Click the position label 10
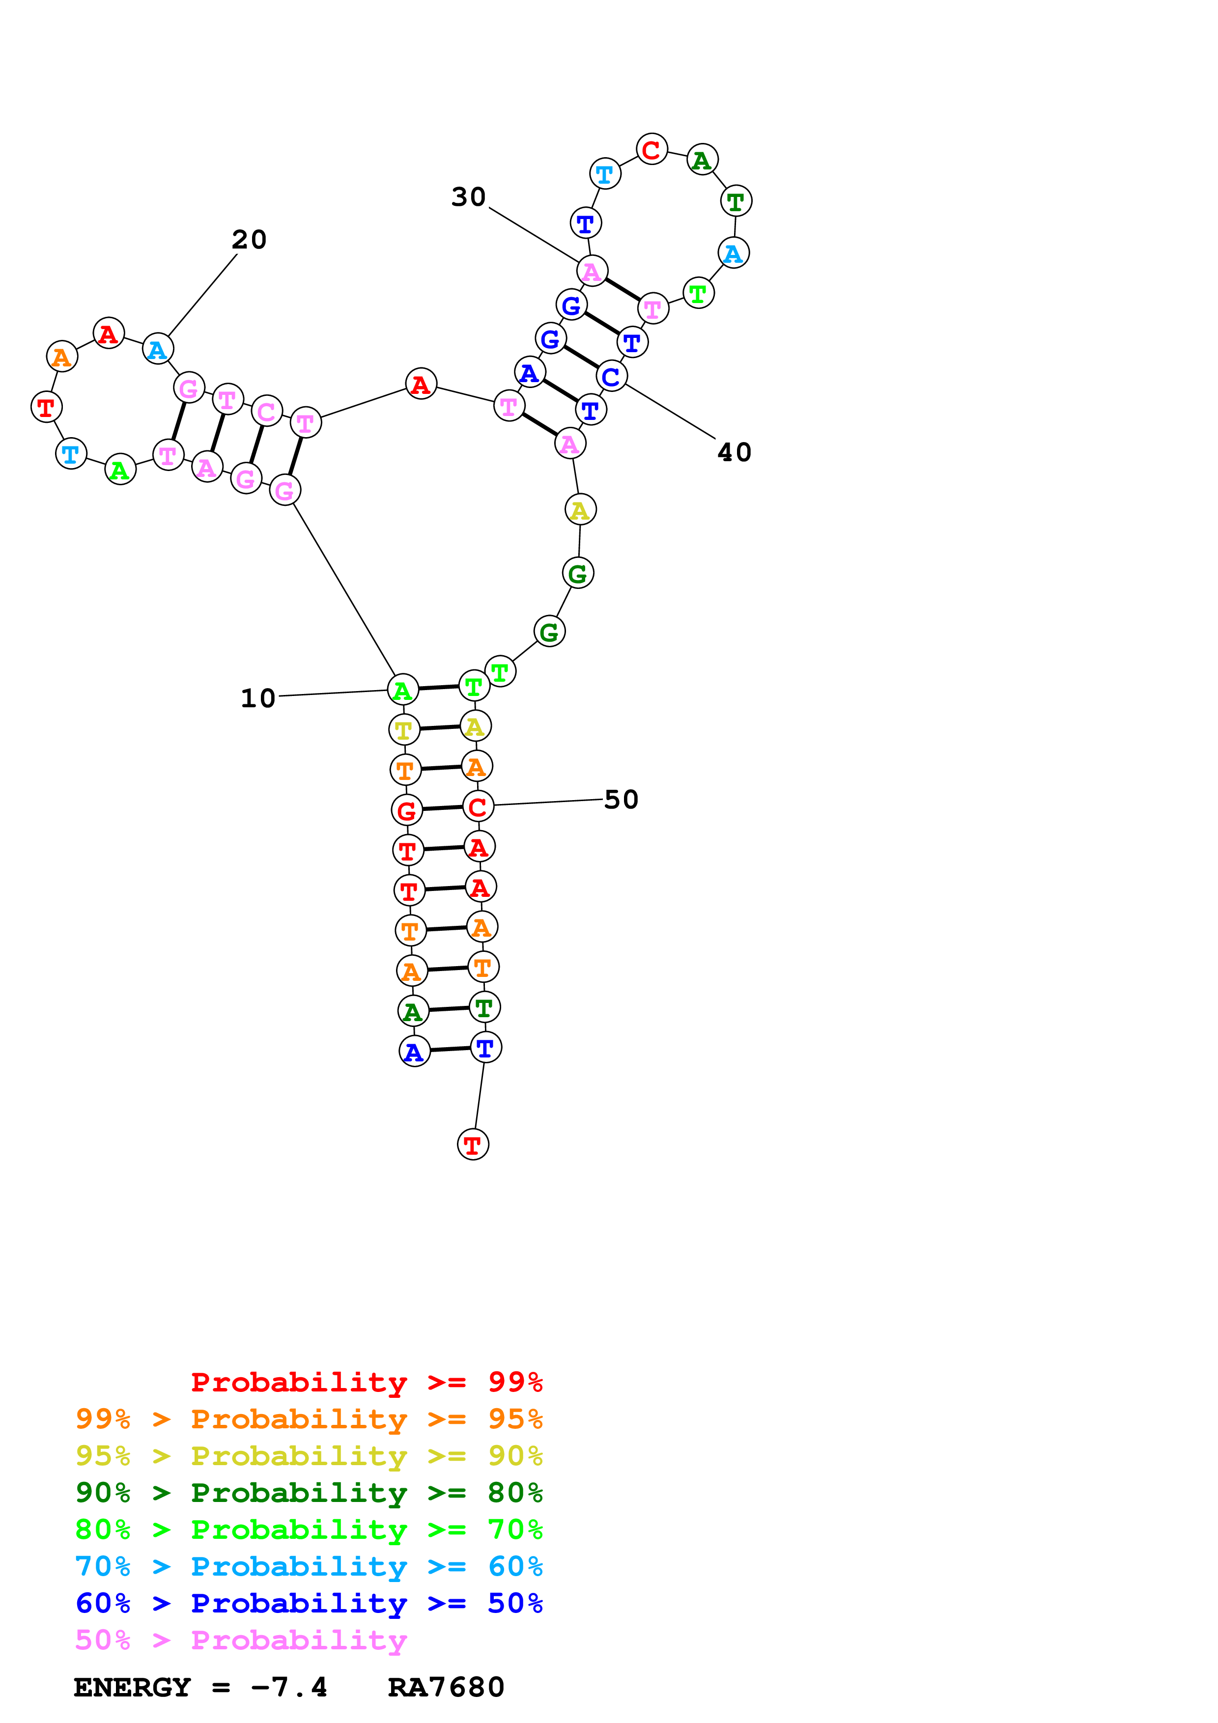coord(257,698)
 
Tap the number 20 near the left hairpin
coord(249,239)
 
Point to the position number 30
coord(468,196)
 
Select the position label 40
coord(734,452)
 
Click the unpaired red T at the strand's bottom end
coord(473,1144)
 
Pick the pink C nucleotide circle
coord(266,411)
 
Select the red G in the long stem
coord(407,810)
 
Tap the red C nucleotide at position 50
coord(478,806)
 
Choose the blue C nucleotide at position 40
coord(612,376)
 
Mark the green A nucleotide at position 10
coord(403,690)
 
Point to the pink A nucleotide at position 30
coord(592,271)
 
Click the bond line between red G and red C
coord(443,808)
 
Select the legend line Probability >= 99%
coord(366,1382)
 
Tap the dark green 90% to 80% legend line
coord(309,1493)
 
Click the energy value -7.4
coord(289,1687)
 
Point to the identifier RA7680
coord(446,1687)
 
